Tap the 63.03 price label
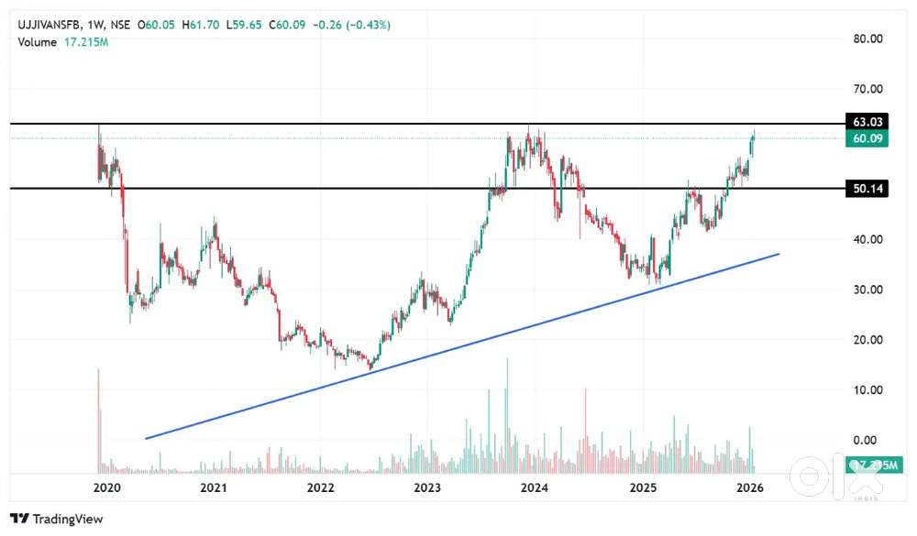click(x=867, y=122)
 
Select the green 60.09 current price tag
click(x=867, y=138)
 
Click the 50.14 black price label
click(x=867, y=189)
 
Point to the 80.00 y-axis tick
click(x=867, y=38)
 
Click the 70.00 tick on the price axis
click(x=867, y=89)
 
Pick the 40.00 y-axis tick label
click(x=867, y=239)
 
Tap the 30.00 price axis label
click(x=867, y=290)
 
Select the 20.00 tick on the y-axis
click(x=867, y=340)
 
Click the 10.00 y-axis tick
click(x=867, y=390)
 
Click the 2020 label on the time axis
click(x=106, y=487)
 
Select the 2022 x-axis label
click(x=321, y=487)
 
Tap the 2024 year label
click(x=535, y=487)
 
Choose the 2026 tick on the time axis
click(x=750, y=487)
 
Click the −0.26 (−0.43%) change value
click(x=352, y=25)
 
